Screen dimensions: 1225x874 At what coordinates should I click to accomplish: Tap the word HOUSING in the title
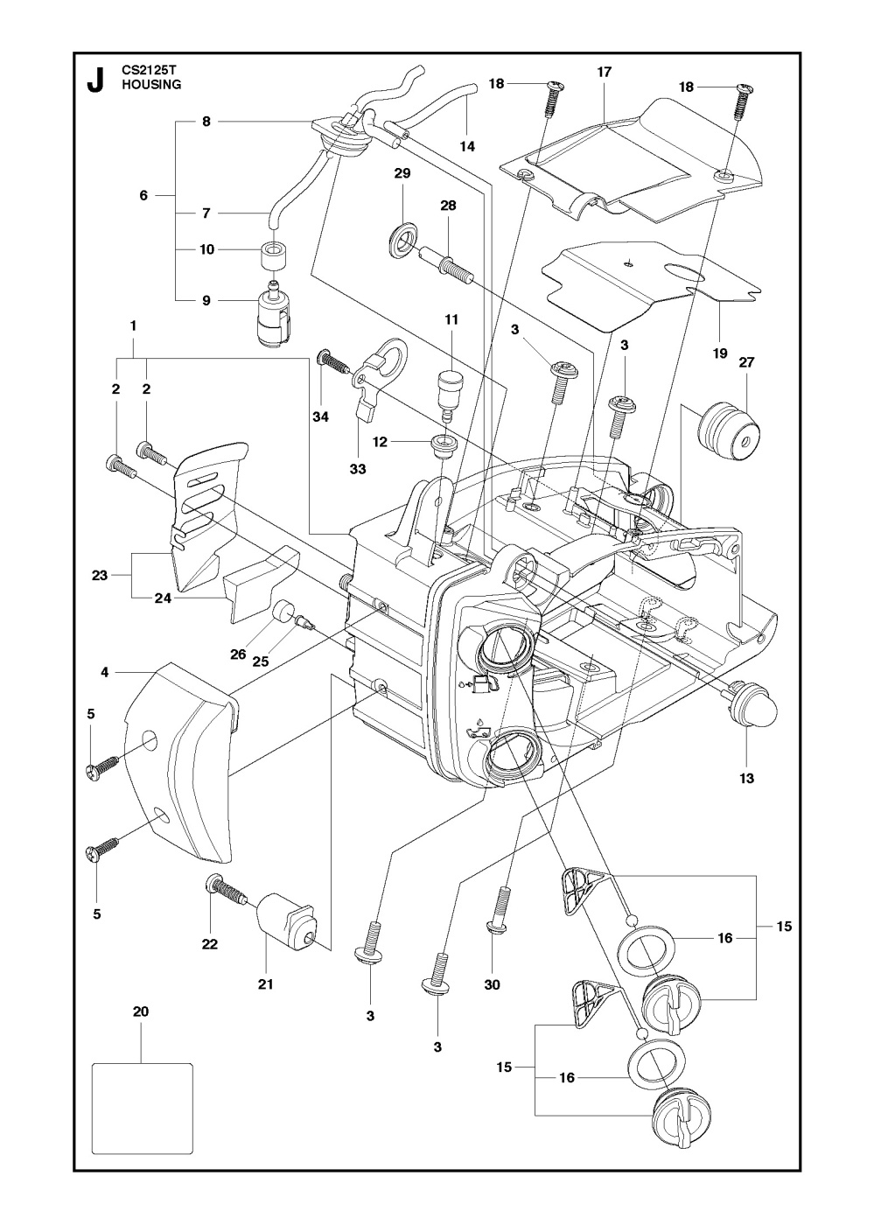(151, 85)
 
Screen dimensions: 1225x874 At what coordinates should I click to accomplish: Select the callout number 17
(604, 73)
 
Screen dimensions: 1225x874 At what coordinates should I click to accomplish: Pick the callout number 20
(141, 1011)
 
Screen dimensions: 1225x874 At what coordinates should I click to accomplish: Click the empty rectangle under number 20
(142, 1107)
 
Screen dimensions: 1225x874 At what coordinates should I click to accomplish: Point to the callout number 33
(357, 469)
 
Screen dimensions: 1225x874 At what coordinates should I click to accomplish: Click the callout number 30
(492, 984)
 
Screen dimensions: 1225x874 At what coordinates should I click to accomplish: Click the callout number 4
(104, 672)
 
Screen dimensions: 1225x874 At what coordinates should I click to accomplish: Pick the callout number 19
(719, 354)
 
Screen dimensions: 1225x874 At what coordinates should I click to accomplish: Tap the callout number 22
(210, 944)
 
